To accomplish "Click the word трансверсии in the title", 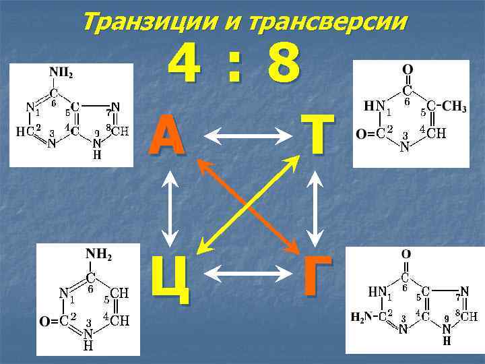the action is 328,22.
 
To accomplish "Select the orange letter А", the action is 168,135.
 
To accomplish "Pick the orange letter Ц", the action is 169,277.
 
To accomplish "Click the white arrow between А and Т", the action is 245,138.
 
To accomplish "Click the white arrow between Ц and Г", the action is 245,273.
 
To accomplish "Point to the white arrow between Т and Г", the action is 315,206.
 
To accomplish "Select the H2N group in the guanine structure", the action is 361,315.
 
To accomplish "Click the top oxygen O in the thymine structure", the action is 408,70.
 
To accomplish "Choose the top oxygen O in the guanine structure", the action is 406,255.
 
